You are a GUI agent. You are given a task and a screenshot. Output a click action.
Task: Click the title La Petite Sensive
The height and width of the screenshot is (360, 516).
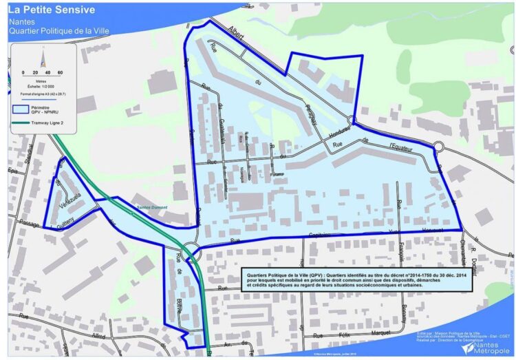pos(52,10)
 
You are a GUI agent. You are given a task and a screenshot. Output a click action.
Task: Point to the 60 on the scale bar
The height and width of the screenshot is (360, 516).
pos(60,72)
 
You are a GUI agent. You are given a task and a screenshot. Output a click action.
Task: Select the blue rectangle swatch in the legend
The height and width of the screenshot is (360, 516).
pos(21,109)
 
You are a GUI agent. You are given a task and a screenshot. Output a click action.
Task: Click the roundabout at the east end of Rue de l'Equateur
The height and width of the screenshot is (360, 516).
pos(438,145)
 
